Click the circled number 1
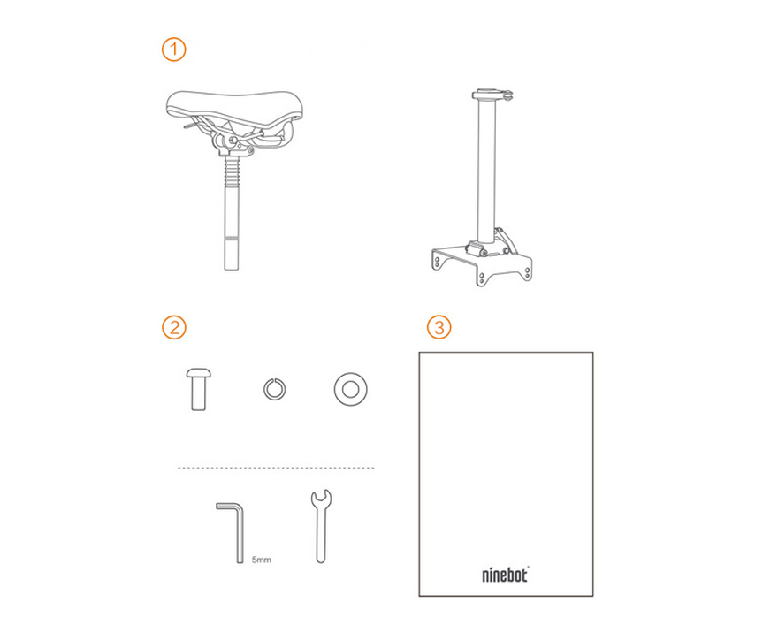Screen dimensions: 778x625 tap(173, 50)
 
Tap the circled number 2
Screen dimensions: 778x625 tap(173, 327)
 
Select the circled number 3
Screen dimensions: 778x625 tap(439, 327)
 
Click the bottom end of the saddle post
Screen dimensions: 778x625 tap(232, 268)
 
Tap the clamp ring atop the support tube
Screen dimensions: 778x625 tap(492, 95)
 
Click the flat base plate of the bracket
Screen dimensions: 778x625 tap(482, 266)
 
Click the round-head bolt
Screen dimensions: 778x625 tap(198, 389)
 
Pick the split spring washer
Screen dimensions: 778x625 tap(274, 389)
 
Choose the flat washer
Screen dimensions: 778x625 tap(351, 389)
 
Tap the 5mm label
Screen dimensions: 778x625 tap(262, 560)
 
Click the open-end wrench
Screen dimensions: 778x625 tap(321, 526)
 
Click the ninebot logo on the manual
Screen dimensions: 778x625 tap(506, 575)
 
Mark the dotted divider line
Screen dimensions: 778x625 tap(276, 468)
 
